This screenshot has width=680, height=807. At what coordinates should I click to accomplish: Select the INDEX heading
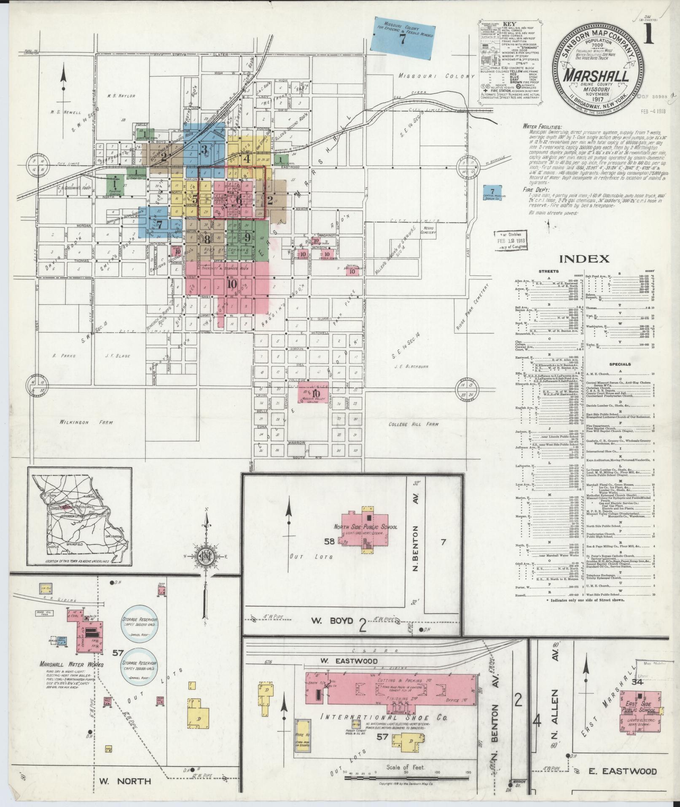(583, 259)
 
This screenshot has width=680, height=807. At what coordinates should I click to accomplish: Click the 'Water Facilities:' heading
(542, 126)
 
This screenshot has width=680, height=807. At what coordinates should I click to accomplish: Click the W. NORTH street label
(125, 781)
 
